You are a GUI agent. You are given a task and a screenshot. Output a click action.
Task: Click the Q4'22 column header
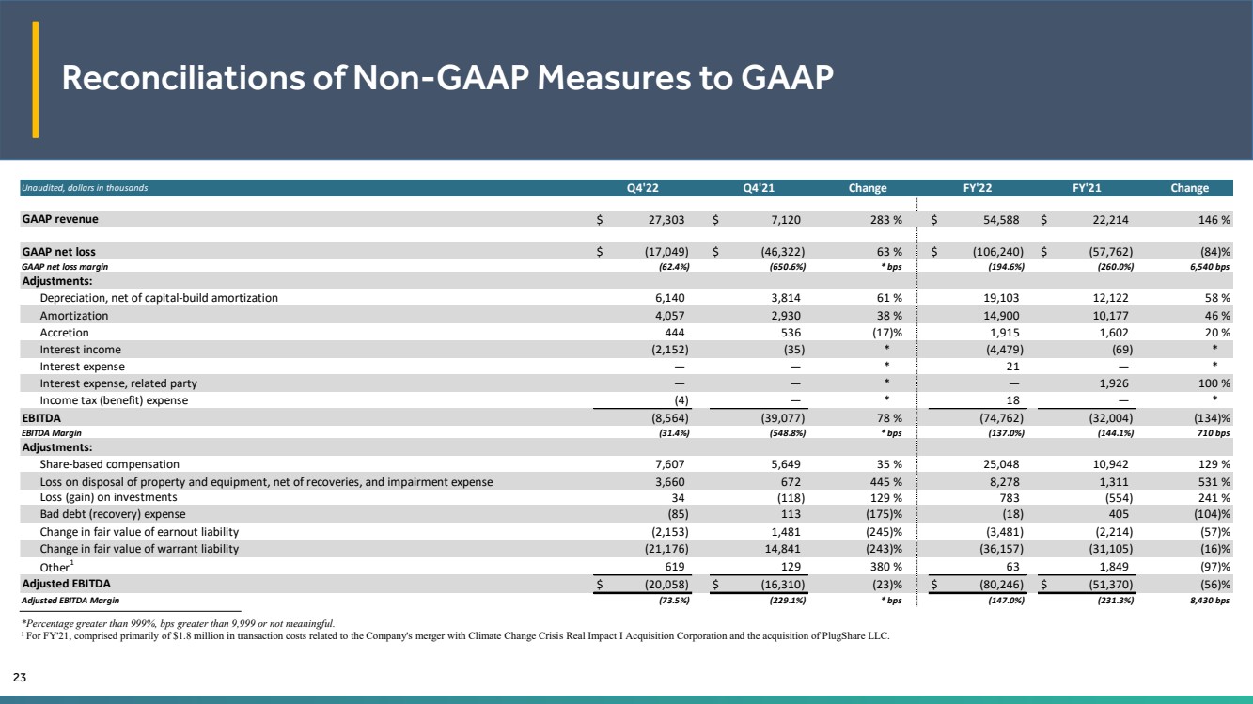pyautogui.click(x=642, y=188)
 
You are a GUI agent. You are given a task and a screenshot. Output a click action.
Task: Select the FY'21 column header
pyautogui.click(x=1087, y=188)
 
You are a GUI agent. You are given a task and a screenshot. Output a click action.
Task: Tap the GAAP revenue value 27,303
pyautogui.click(x=666, y=220)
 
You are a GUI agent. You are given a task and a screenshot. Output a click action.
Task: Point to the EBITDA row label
pyautogui.click(x=41, y=417)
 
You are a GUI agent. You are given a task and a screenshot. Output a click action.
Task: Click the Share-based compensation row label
pyautogui.click(x=110, y=464)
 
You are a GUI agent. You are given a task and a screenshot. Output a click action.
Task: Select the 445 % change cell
pyautogui.click(x=882, y=482)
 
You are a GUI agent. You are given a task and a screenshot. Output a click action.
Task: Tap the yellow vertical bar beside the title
pyautogui.click(x=35, y=79)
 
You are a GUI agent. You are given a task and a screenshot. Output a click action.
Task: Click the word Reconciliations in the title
pyautogui.click(x=183, y=77)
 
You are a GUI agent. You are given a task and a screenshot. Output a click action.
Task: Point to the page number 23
pyautogui.click(x=20, y=677)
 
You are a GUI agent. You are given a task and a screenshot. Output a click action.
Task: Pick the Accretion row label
pyautogui.click(x=64, y=333)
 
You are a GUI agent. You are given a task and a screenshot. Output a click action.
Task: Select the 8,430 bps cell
pyautogui.click(x=1210, y=601)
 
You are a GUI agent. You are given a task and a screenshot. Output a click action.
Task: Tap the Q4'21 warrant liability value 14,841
pyautogui.click(x=783, y=549)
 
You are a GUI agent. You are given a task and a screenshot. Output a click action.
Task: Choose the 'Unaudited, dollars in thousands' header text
pyautogui.click(x=85, y=188)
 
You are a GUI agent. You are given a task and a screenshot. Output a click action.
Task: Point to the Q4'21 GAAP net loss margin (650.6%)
pyautogui.click(x=788, y=267)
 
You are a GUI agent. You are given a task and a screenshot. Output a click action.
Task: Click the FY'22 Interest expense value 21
pyautogui.click(x=1012, y=367)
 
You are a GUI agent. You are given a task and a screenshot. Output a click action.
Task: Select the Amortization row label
pyautogui.click(x=74, y=316)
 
